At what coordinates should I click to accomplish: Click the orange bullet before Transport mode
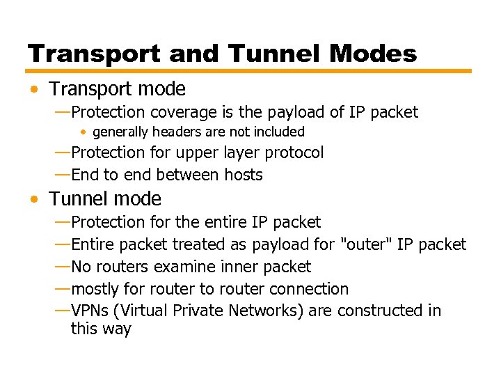point(35,89)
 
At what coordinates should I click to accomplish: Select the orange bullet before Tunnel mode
point(35,199)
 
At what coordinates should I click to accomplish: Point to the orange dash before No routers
point(61,267)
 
